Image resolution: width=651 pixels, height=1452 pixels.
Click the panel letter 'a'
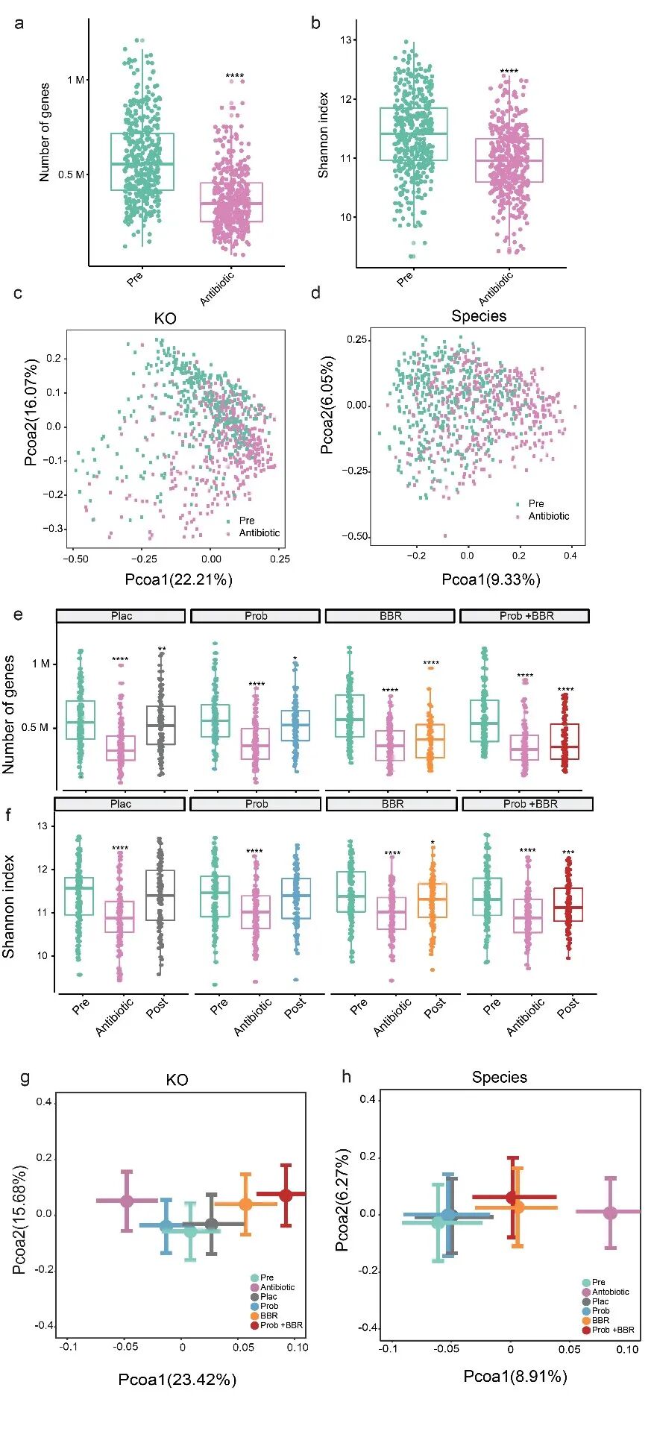click(19, 23)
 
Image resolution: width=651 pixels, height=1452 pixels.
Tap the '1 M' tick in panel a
click(75, 80)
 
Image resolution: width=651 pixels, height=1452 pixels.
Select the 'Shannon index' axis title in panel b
click(323, 135)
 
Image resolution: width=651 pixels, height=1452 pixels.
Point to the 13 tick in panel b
click(346, 40)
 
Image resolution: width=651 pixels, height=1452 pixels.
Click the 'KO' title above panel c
click(165, 318)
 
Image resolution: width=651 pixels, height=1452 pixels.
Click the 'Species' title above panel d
click(479, 316)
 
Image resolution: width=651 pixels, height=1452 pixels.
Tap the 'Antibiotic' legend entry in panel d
click(548, 516)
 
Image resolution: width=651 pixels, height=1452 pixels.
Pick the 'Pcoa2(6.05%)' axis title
click(327, 405)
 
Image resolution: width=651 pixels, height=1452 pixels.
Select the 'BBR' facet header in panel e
click(390, 616)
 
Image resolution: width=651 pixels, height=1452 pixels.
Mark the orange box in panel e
click(430, 741)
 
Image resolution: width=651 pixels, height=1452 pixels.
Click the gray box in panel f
click(160, 895)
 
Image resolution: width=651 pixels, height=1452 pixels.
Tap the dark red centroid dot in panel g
click(286, 1195)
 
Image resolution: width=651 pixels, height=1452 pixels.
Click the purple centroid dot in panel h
click(610, 1213)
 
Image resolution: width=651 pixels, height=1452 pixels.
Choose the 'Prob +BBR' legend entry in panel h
click(612, 1330)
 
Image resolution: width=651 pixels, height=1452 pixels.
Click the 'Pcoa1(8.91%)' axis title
click(515, 1376)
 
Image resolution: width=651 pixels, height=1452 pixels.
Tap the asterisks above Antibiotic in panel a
click(235, 76)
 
